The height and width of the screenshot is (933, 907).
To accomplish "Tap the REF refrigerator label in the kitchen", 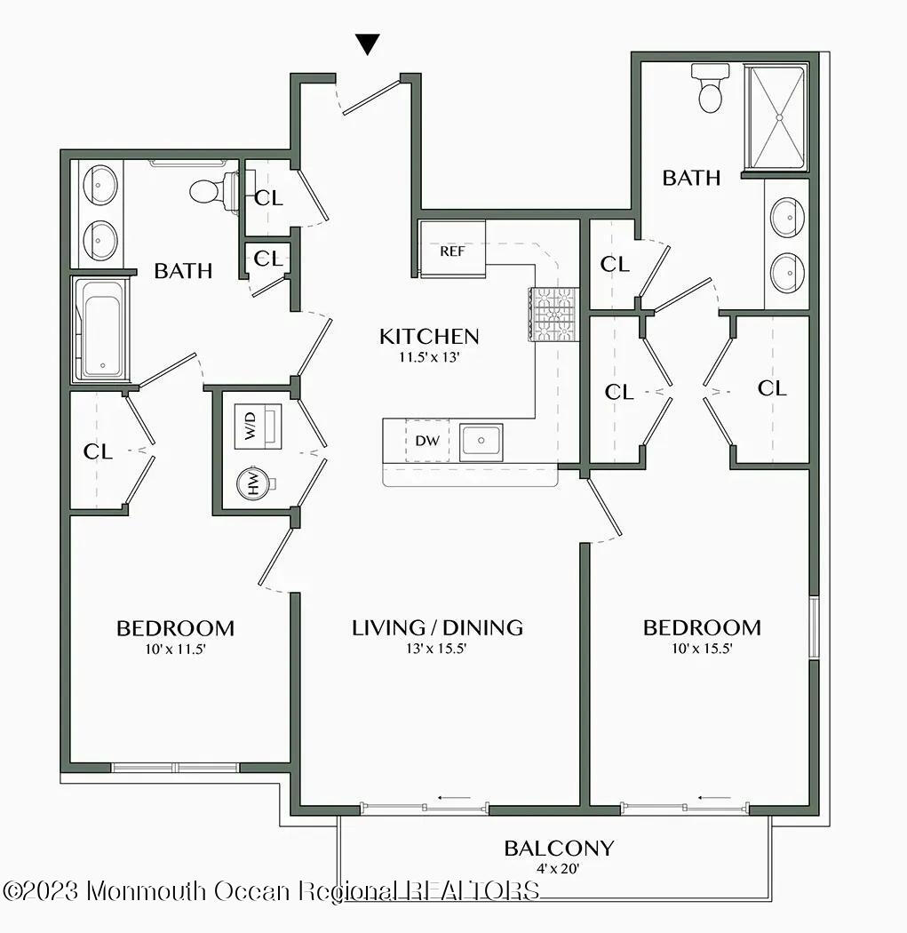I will click(452, 251).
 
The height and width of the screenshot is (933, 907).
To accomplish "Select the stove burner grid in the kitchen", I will click(553, 315).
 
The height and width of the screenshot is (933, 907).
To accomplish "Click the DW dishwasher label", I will click(426, 440).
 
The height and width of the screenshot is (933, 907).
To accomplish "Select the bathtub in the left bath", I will click(102, 329).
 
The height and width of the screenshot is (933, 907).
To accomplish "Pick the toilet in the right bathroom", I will click(710, 89).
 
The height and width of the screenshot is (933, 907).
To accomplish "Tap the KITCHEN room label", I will click(429, 337).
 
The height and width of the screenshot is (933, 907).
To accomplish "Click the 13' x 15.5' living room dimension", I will click(437, 649).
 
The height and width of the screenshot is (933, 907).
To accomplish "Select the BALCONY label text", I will click(559, 849).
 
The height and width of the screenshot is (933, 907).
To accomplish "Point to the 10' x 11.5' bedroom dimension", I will click(175, 649).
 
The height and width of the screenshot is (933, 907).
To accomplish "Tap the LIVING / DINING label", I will click(437, 627).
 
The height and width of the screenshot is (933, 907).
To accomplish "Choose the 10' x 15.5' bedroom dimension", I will click(702, 649).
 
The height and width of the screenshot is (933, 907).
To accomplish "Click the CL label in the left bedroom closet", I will click(98, 451).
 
